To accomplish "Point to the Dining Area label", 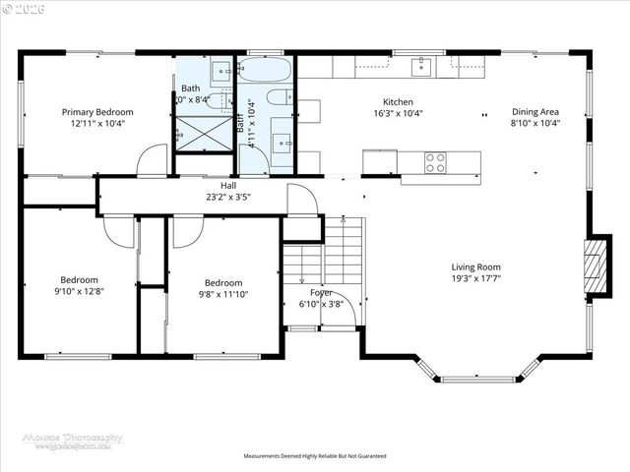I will point(535,112).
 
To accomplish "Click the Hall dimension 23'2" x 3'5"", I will point(228,197).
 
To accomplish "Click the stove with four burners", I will point(435,161).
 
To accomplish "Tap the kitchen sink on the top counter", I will point(422,66).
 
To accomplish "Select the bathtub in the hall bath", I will point(264,71).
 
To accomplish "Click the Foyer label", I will point(321,292).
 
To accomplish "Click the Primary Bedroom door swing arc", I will point(152,160).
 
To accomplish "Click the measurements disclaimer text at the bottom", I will point(315,456).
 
